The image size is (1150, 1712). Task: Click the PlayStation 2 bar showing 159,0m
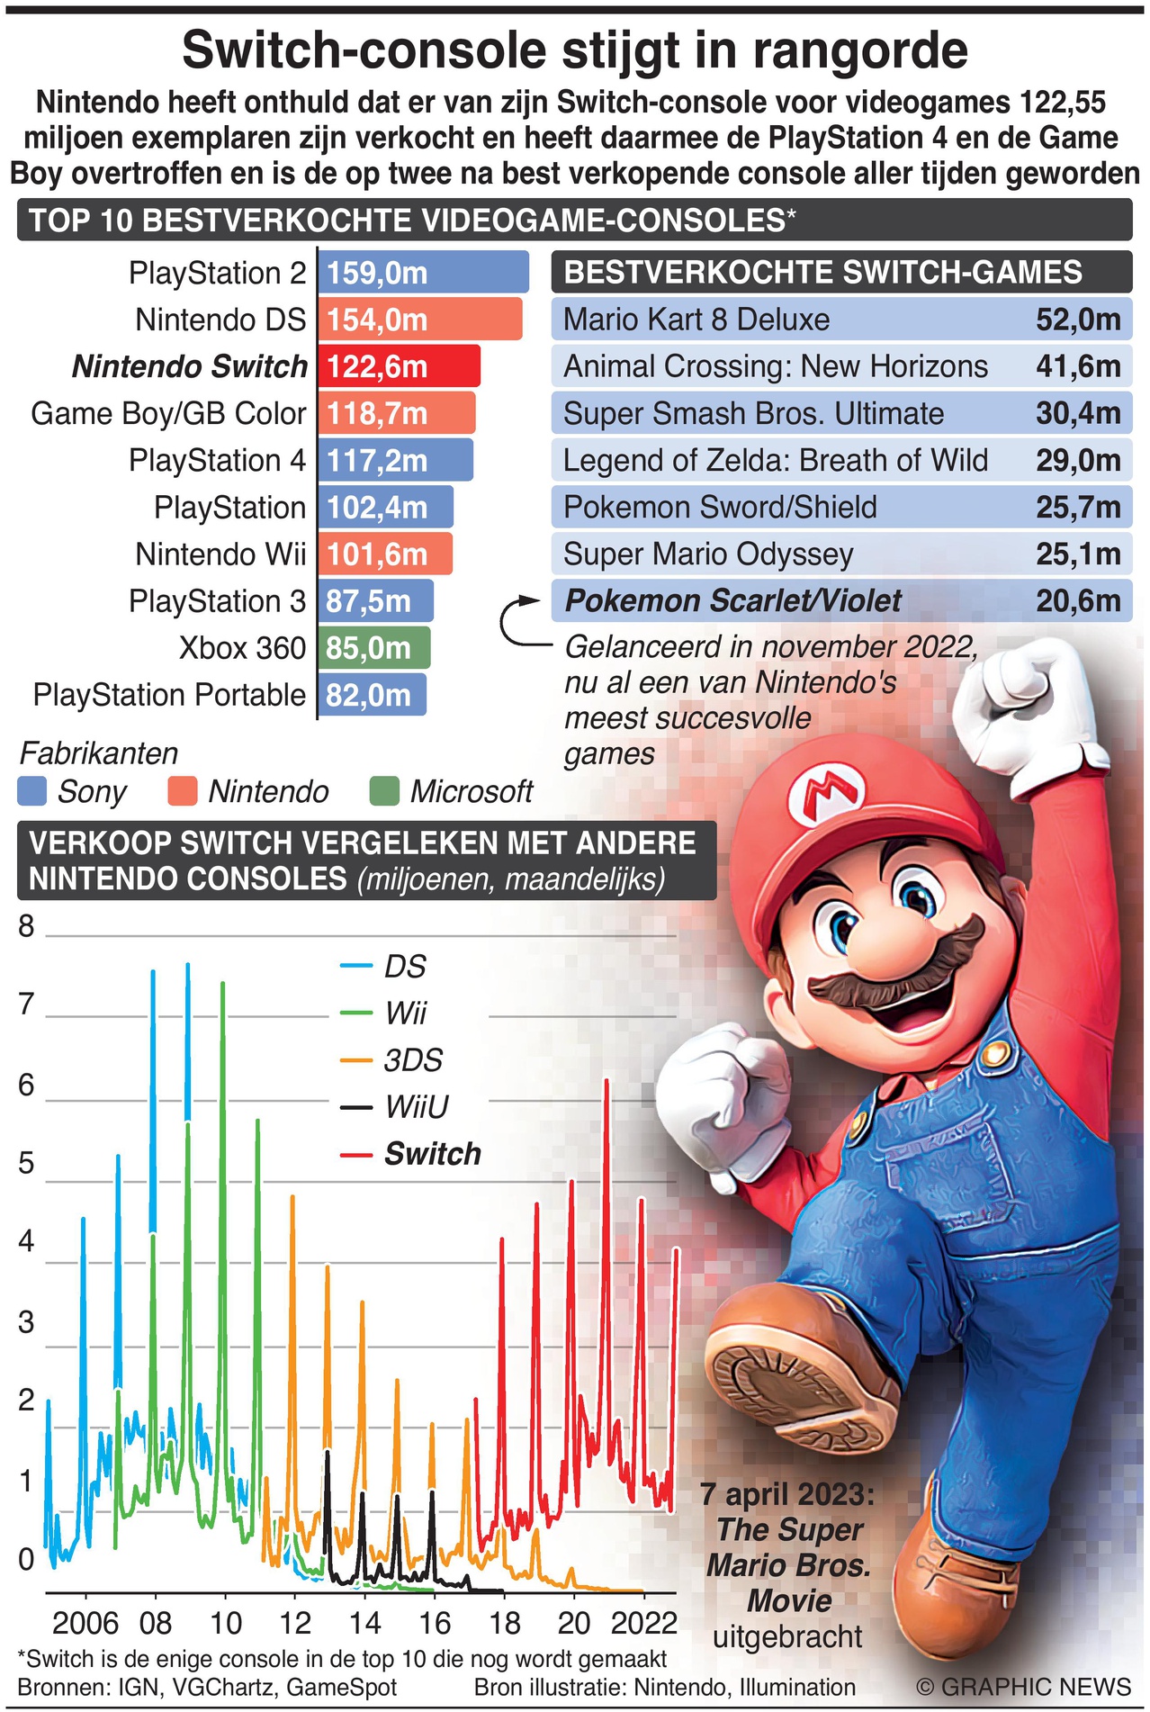pyautogui.click(x=423, y=273)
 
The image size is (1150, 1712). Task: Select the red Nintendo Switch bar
pyautogui.click(x=399, y=366)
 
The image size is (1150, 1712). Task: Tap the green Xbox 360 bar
pyautogui.click(x=374, y=647)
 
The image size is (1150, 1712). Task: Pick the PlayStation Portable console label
pyautogui.click(x=169, y=695)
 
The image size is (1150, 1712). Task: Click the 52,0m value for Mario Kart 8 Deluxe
pyautogui.click(x=1078, y=320)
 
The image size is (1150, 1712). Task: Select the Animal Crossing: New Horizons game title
pyautogui.click(x=775, y=366)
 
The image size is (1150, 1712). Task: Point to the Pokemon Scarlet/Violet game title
pyautogui.click(x=732, y=600)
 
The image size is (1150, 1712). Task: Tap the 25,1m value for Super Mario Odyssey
pyautogui.click(x=1078, y=554)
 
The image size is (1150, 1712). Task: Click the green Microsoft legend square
pyautogui.click(x=384, y=792)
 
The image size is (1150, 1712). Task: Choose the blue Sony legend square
pyautogui.click(x=31, y=792)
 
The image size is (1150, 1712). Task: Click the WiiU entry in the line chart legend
pyautogui.click(x=416, y=1106)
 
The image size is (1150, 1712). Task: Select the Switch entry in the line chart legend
pyautogui.click(x=432, y=1153)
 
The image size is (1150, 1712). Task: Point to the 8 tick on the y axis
pyautogui.click(x=26, y=926)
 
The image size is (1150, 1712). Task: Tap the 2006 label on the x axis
pyautogui.click(x=85, y=1623)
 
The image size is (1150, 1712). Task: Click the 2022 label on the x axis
pyautogui.click(x=643, y=1623)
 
